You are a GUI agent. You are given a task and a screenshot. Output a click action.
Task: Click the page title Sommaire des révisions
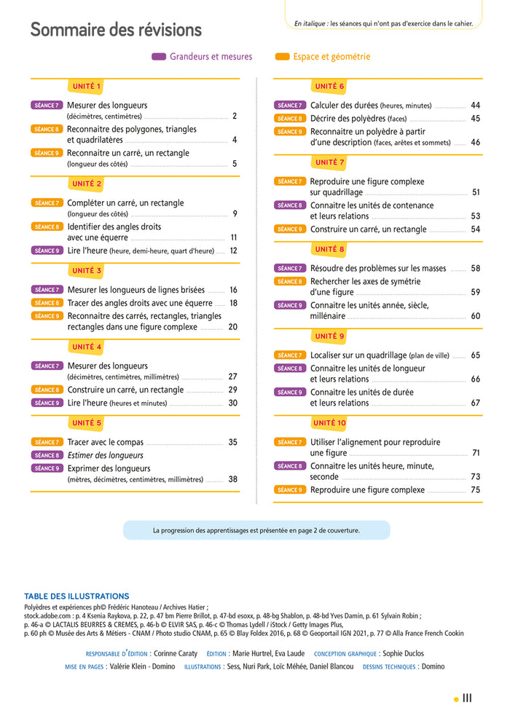(x=116, y=31)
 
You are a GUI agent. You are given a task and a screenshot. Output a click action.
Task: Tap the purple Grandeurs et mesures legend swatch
(x=159, y=57)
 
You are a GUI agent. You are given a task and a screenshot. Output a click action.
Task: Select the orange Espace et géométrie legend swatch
(x=282, y=57)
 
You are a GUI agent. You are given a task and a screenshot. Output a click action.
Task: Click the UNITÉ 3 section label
(x=87, y=271)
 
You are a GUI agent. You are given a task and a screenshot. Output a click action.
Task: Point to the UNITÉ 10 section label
(x=329, y=423)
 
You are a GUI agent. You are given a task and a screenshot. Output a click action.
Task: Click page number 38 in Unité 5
(x=233, y=479)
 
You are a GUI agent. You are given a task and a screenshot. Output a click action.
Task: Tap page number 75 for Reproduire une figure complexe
(x=475, y=490)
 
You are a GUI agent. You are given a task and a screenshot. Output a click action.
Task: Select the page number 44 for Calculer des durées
(x=475, y=106)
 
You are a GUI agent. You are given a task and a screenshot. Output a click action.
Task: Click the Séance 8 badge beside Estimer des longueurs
(x=47, y=455)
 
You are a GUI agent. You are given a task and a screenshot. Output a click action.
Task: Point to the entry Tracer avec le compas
(x=105, y=442)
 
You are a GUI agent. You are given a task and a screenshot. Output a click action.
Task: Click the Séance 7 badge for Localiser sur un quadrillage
(x=289, y=355)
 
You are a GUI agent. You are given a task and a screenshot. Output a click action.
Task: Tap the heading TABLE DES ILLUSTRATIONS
(x=76, y=596)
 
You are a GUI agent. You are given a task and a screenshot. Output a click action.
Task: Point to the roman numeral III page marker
(x=467, y=698)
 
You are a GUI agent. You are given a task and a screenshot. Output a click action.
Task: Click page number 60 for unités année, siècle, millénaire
(x=475, y=316)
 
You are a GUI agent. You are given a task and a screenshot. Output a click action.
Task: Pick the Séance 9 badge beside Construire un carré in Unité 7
(x=289, y=229)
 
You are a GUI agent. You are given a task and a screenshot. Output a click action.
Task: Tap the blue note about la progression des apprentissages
(x=256, y=530)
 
